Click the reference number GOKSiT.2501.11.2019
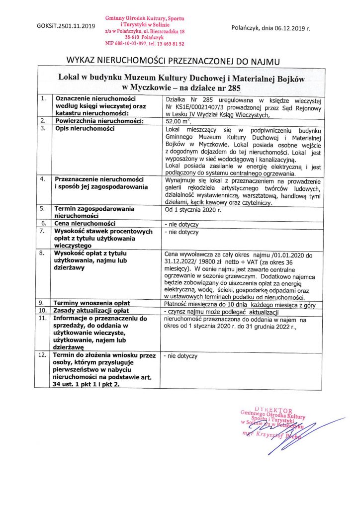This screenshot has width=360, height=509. [x=65, y=26]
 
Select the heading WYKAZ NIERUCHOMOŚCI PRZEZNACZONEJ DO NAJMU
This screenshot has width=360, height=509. [x=174, y=62]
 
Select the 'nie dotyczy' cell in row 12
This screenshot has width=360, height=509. [x=182, y=356]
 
